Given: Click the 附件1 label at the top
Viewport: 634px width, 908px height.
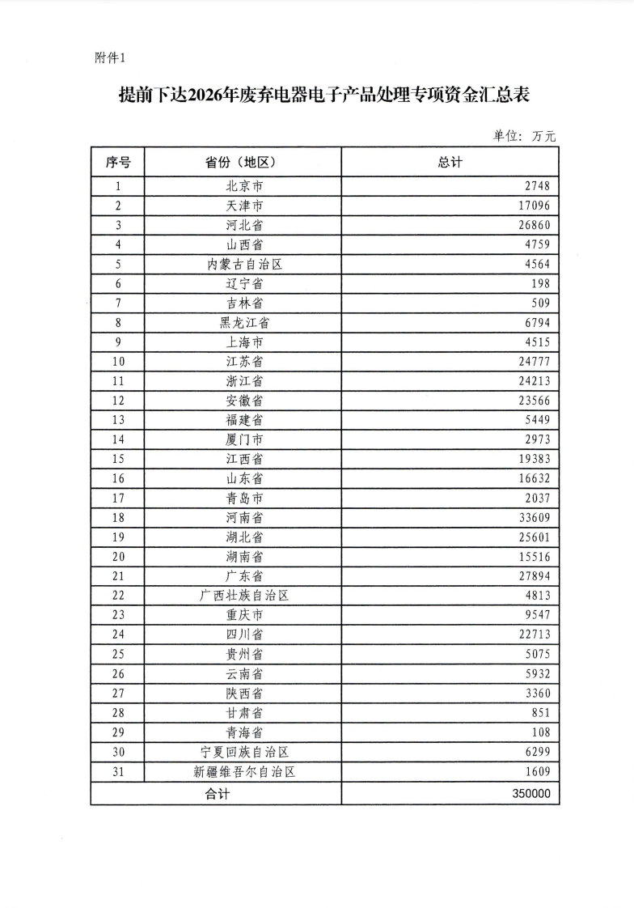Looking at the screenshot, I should (x=111, y=58).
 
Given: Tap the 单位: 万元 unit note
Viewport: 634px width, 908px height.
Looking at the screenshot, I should (x=524, y=136).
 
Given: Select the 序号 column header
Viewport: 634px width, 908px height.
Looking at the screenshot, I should (x=118, y=162).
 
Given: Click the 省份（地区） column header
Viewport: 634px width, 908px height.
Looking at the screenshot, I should (x=242, y=162).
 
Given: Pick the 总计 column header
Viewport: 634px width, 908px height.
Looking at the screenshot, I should (x=450, y=162).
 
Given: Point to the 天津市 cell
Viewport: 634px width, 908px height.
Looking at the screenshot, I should (x=244, y=206).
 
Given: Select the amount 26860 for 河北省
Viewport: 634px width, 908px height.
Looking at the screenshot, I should (x=534, y=225).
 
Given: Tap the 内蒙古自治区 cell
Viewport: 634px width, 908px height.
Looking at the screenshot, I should (x=244, y=264).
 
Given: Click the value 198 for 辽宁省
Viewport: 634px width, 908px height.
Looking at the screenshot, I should (x=541, y=283).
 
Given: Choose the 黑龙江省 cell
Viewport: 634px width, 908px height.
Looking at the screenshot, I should (x=244, y=323).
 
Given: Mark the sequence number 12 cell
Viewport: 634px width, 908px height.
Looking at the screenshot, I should (x=118, y=401).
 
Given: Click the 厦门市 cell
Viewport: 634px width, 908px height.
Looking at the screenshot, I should (x=244, y=439).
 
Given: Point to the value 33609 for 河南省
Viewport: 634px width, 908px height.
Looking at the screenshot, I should (x=534, y=518).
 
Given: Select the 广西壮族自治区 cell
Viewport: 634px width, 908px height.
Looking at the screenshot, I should (x=244, y=596).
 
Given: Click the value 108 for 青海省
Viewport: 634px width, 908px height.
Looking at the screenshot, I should (x=541, y=732).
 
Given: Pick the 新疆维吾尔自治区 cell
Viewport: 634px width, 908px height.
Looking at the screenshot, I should (x=244, y=772).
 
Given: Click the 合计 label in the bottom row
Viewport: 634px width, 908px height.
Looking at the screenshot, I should (x=217, y=794).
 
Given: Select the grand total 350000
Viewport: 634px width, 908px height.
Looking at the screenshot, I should (x=531, y=794).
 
